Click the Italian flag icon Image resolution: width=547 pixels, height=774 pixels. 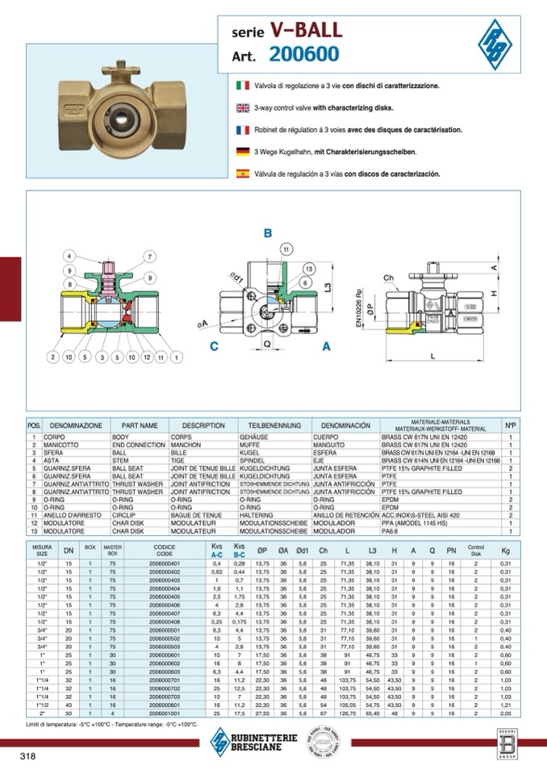tap(242, 85)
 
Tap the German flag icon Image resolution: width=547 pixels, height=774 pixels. tap(242, 152)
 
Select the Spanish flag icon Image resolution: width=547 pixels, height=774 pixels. tap(242, 174)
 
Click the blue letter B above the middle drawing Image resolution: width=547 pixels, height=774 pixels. tap(268, 233)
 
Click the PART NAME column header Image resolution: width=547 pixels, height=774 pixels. tap(140, 425)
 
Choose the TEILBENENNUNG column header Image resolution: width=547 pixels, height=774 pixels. tap(274, 425)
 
